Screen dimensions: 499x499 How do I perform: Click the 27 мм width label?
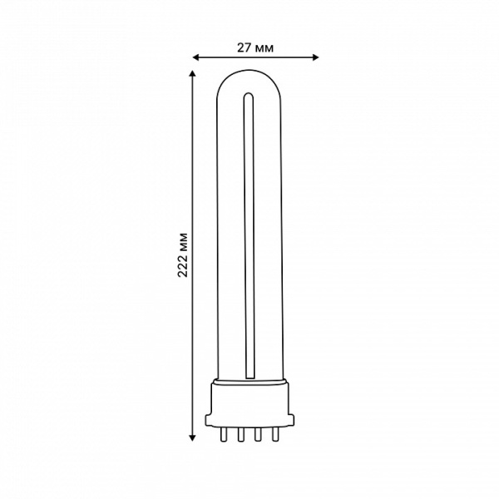[255, 47]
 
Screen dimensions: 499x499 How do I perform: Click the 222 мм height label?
[183, 255]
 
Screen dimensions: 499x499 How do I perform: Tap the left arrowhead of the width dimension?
[196, 57]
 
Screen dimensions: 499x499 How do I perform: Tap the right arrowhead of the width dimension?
[315, 57]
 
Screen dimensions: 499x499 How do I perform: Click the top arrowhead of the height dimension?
[192, 73]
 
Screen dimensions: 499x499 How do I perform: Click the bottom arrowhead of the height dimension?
[192, 438]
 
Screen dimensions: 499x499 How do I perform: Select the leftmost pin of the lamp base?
[224, 434]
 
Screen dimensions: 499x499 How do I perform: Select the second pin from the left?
[240, 434]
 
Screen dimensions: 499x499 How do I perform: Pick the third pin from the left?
[258, 434]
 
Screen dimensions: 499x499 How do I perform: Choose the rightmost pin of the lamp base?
[275, 434]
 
